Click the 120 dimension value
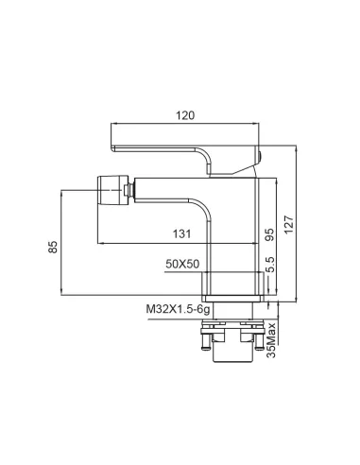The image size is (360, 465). pos(185,115)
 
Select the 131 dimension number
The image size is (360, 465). pos(181,234)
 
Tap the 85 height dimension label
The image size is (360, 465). pos(53,247)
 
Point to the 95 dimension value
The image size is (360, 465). pos(269,234)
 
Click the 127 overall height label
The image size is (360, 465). pos(288,224)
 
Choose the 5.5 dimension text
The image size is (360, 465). pos(270,264)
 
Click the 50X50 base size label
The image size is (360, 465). pos(182,264)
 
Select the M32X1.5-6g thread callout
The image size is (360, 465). pos(178,309)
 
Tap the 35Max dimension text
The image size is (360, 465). pos(271,340)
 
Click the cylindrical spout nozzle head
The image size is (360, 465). pos(113,190)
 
